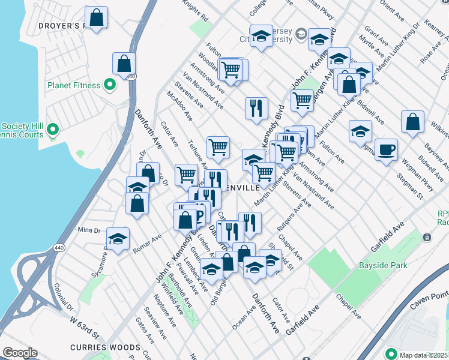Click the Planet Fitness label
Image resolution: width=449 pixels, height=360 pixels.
[x=74, y=85]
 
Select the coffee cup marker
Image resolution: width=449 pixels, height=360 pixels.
[x=386, y=149]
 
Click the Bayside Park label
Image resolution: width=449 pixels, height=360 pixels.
[x=383, y=265]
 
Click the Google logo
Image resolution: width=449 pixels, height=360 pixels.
[x=20, y=353]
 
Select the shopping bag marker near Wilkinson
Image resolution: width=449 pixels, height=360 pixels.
[x=412, y=122]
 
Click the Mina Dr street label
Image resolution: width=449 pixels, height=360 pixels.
[x=88, y=230]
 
